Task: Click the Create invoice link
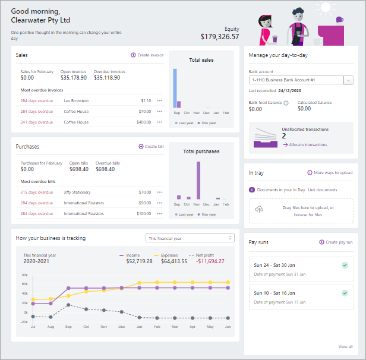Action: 147,55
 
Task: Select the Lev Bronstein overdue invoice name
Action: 75,100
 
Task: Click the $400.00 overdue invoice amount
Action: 144,122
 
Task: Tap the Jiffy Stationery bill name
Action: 78,192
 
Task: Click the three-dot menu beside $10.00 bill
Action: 159,192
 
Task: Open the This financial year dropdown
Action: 190,238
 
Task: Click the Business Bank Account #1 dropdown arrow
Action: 349,80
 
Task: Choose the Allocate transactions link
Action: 308,144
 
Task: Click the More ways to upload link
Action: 330,173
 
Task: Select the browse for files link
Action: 308,214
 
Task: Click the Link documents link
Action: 323,190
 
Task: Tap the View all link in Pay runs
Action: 345,346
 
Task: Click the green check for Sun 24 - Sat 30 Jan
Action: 345,266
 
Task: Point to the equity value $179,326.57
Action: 220,37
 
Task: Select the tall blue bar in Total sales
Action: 176,88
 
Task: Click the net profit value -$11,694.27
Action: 211,261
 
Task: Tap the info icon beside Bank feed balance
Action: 286,103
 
